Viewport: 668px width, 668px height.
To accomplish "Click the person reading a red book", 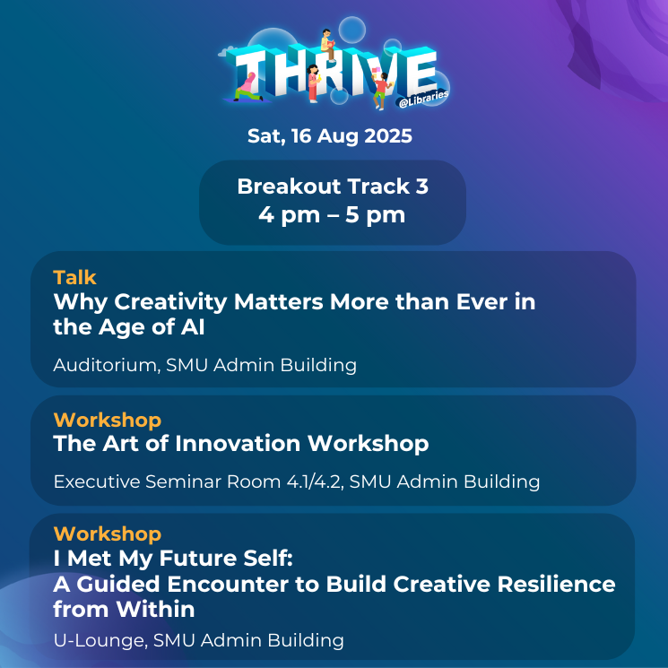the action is click(x=327, y=45).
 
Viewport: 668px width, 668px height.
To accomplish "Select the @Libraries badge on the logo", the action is click(x=423, y=99).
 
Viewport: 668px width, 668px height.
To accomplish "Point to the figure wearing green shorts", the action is click(x=380, y=91).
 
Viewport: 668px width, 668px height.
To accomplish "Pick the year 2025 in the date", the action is click(x=388, y=136).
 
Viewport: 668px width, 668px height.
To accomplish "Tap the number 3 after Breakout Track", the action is click(x=421, y=187).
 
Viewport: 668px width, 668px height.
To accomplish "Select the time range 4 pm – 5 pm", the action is click(x=332, y=215).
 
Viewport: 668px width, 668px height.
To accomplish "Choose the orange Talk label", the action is click(x=75, y=277).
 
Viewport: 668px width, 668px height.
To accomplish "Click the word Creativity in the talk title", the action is click(x=170, y=302).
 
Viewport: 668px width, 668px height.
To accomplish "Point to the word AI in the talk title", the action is click(x=193, y=327).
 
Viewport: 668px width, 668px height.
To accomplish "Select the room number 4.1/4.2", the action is click(x=316, y=481).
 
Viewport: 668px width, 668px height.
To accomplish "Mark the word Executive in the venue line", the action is click(x=97, y=481).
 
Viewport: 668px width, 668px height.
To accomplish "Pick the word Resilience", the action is click(x=557, y=584).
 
